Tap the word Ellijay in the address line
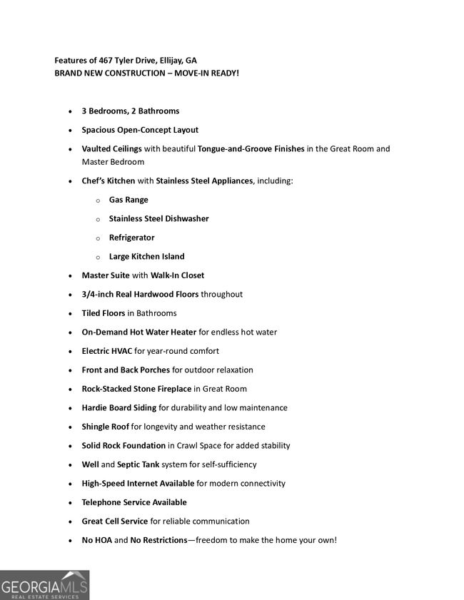[168, 60]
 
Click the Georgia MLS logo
[44, 584]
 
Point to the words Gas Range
[128, 200]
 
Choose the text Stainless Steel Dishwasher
[158, 219]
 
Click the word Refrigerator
[131, 238]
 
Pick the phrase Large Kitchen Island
[146, 257]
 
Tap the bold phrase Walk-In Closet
[177, 275]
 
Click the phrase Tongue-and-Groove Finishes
[251, 149]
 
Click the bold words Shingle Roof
[106, 427]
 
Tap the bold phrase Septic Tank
[138, 464]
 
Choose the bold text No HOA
[97, 540]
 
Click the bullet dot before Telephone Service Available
[70, 503]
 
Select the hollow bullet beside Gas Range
[98, 200]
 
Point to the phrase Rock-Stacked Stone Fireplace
[136, 389]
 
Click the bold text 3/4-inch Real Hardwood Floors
[140, 294]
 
